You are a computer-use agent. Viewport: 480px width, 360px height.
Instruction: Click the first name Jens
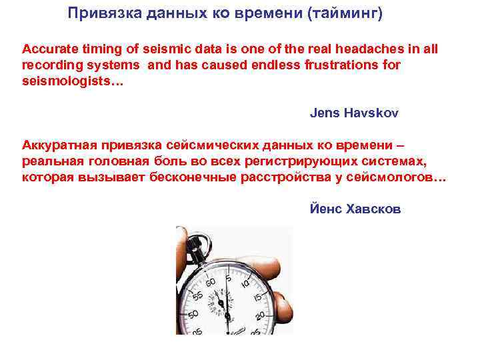[325, 113]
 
